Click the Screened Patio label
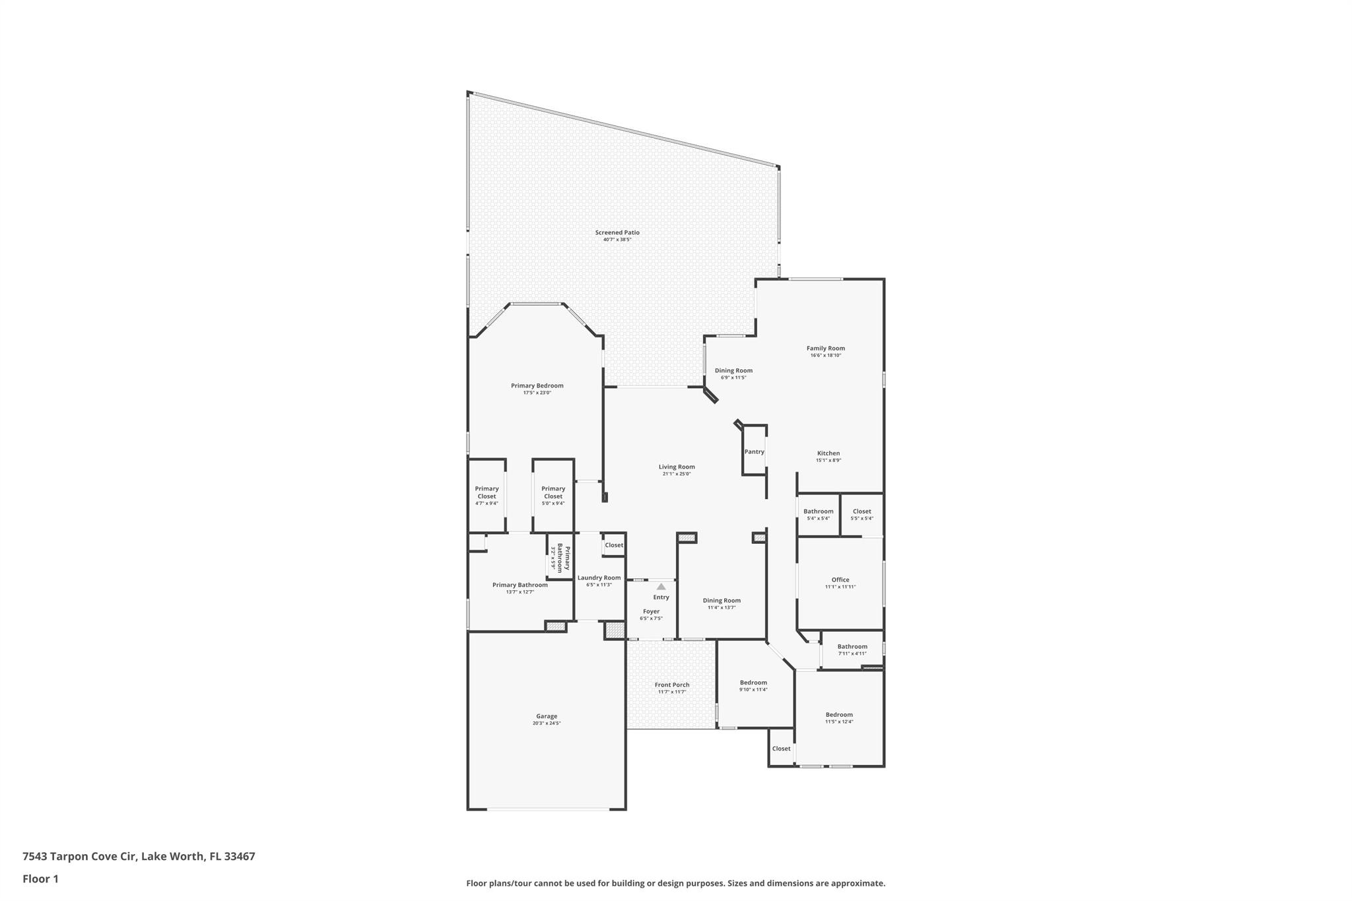(x=617, y=232)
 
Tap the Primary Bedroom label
(x=537, y=385)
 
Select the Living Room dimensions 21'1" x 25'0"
(x=677, y=474)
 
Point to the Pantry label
(x=754, y=452)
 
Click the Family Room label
(x=825, y=349)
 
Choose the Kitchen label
(x=828, y=453)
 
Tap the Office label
(x=840, y=580)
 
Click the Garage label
(x=547, y=716)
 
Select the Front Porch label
(x=672, y=684)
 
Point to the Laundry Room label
(x=599, y=578)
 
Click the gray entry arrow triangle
(x=661, y=586)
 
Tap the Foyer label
(x=651, y=611)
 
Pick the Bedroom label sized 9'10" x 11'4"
(x=753, y=683)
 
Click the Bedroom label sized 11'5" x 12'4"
(x=839, y=714)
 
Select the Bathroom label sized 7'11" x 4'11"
(x=852, y=647)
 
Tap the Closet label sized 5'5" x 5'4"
(x=862, y=512)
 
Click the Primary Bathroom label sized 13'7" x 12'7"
(x=520, y=585)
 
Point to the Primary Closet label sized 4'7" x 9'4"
(x=487, y=492)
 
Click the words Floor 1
(x=40, y=879)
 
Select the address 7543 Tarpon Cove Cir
(x=79, y=856)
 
